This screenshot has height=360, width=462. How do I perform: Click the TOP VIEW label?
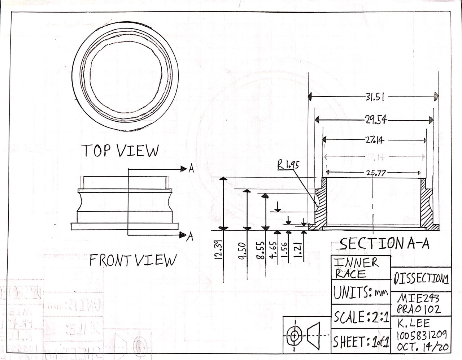[x=121, y=151]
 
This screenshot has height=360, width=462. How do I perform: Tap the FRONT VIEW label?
[x=133, y=260]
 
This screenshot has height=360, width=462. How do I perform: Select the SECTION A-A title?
[x=385, y=244]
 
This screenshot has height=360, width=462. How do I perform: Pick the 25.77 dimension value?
[x=376, y=173]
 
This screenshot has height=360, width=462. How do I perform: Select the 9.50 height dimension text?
[x=242, y=250]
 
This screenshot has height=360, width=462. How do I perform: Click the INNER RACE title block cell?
[x=356, y=268]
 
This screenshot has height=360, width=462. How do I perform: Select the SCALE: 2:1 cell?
[x=361, y=317]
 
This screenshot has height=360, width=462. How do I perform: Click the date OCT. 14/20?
[x=423, y=347]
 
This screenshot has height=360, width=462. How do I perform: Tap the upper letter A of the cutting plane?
[x=191, y=169]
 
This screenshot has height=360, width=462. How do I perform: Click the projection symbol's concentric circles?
[x=295, y=336]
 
